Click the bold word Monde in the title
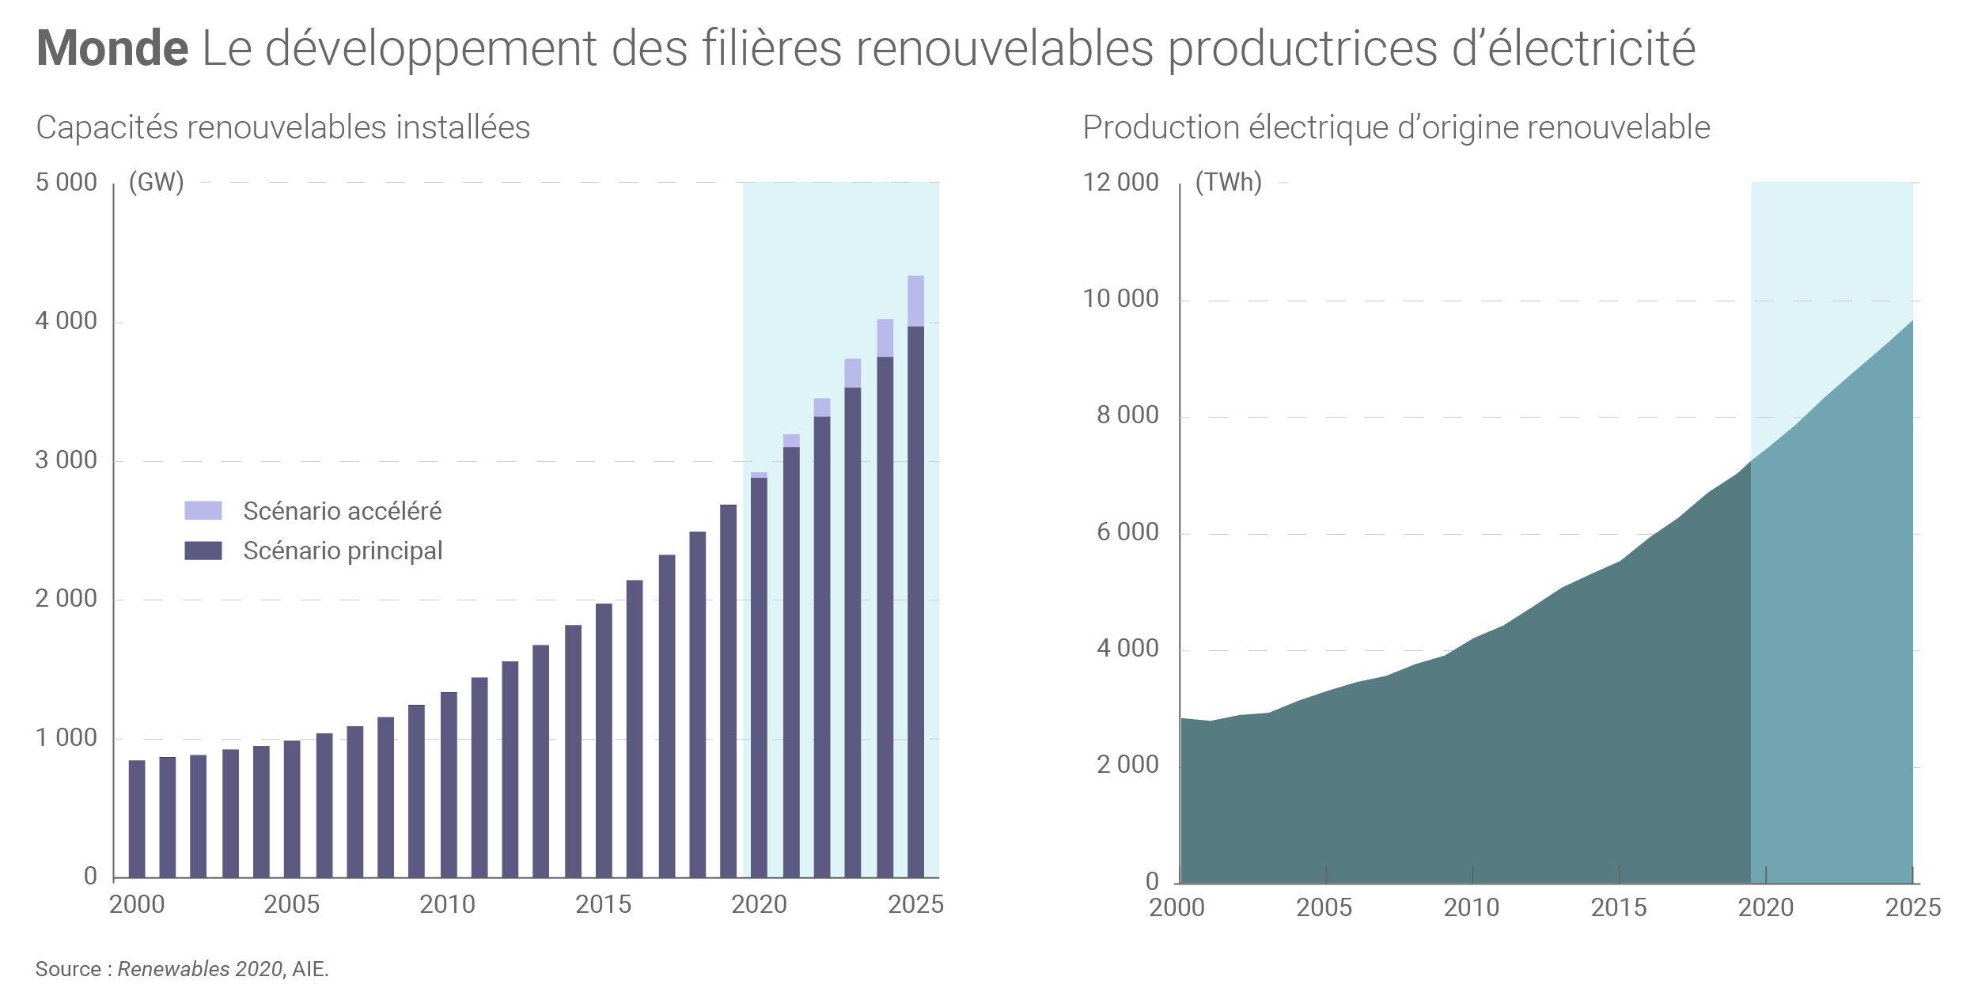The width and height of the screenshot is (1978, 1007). tap(112, 48)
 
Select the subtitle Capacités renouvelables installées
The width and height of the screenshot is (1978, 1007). tap(282, 127)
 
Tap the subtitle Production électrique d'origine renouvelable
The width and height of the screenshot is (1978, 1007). tap(1396, 127)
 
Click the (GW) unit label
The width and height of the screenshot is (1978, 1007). tap(156, 183)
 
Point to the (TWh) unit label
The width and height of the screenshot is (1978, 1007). tap(1228, 183)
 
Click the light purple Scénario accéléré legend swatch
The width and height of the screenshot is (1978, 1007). tap(203, 510)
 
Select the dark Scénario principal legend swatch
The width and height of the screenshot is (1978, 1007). tap(203, 551)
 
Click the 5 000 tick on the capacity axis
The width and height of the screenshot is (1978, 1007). tap(66, 183)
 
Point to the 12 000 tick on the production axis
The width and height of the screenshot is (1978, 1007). tap(1120, 183)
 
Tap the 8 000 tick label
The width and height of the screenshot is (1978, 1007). tap(1127, 415)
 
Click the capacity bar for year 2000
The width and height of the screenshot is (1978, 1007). tap(137, 819)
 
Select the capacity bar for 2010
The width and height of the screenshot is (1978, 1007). tap(449, 785)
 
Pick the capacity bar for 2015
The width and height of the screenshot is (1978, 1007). tap(604, 740)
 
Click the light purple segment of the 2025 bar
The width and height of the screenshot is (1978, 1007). tap(915, 301)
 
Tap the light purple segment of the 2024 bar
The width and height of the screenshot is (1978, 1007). tap(885, 338)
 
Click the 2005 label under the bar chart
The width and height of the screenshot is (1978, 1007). tap(292, 904)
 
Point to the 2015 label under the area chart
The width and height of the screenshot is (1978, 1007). tap(1619, 907)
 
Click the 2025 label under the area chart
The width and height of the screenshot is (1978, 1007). tap(1913, 907)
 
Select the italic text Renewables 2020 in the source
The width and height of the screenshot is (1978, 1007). tap(200, 969)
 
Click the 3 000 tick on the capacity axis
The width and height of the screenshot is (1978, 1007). tap(66, 460)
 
